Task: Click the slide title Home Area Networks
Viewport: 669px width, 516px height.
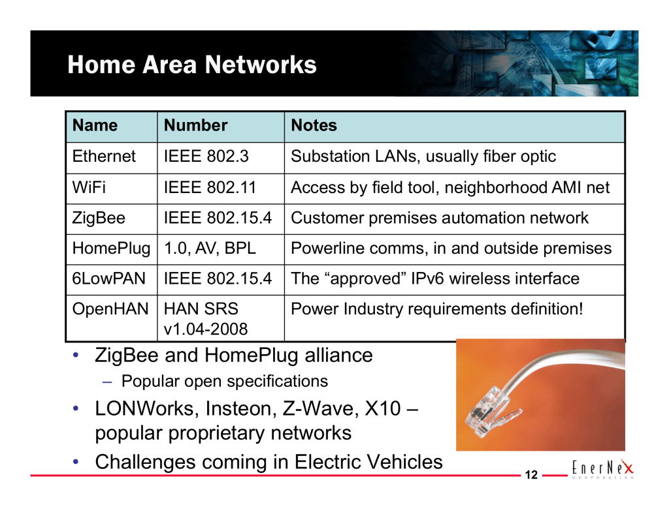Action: pyautogui.click(x=192, y=65)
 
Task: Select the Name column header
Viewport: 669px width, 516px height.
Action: pyautogui.click(x=95, y=125)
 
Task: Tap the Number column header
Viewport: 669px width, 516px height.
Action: pyautogui.click(x=195, y=125)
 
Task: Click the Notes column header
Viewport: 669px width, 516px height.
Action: pyautogui.click(x=314, y=125)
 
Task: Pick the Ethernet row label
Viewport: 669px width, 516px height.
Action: pyautogui.click(x=104, y=157)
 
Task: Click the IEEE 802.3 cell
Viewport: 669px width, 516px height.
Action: pyautogui.click(x=206, y=157)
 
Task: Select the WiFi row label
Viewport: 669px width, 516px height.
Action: pyautogui.click(x=89, y=187)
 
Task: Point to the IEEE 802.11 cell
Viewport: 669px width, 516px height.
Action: pyautogui.click(x=210, y=187)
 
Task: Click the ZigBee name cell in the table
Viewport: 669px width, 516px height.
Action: pyautogui.click(x=99, y=218)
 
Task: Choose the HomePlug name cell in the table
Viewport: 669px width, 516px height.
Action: pyautogui.click(x=111, y=249)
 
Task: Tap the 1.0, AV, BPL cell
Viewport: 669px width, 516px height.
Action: pyautogui.click(x=210, y=249)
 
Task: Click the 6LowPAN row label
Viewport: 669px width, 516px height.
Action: pyautogui.click(x=109, y=279)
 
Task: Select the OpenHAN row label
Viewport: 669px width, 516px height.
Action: pyautogui.click(x=110, y=309)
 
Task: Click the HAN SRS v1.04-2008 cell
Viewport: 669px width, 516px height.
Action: pyautogui.click(x=206, y=319)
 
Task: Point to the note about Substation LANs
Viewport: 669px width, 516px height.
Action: pyautogui.click(x=423, y=157)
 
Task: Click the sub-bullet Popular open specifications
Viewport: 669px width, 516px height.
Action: pyautogui.click(x=225, y=382)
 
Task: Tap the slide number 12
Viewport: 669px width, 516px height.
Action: pyautogui.click(x=531, y=475)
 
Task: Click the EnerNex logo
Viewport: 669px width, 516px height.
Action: pyautogui.click(x=603, y=468)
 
